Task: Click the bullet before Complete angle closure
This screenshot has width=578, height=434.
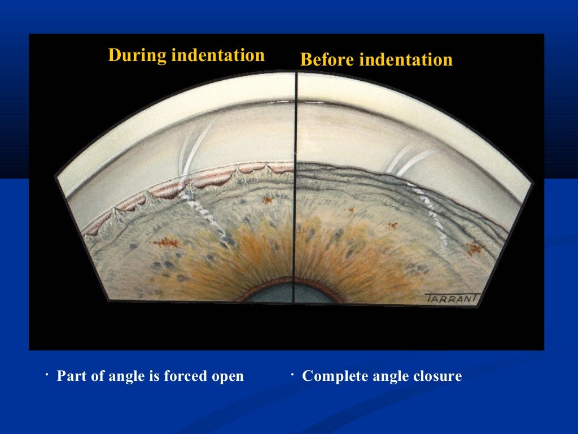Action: point(292,374)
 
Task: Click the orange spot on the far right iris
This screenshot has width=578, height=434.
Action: point(475,248)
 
